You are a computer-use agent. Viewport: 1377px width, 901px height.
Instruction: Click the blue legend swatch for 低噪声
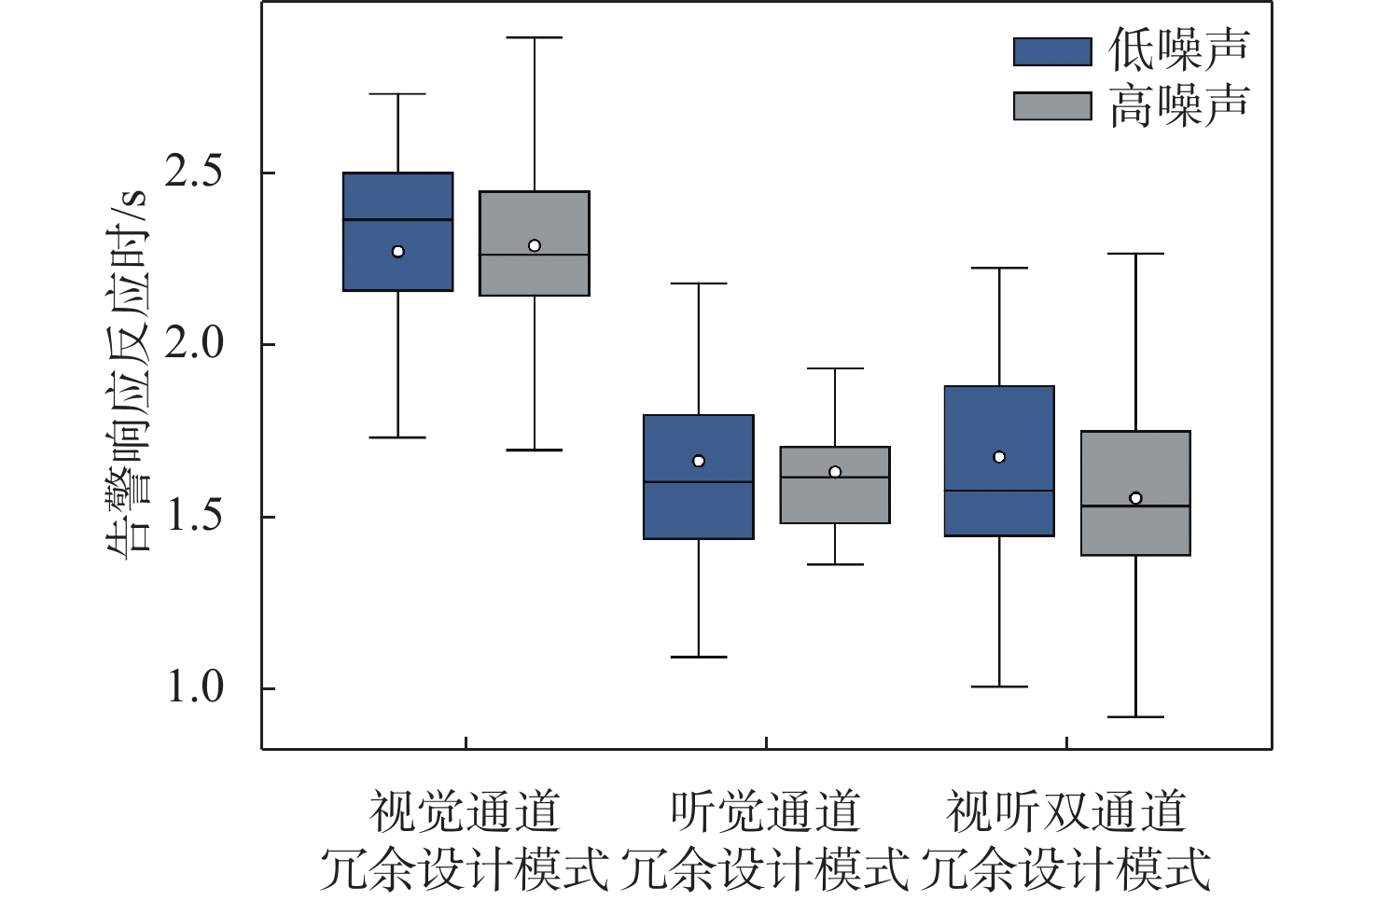(x=1051, y=51)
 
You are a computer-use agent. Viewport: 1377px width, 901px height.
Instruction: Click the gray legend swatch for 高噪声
(x=1051, y=105)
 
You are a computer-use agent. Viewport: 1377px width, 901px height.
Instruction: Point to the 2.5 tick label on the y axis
(x=194, y=173)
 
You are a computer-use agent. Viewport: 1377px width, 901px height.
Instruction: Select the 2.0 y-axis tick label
(x=194, y=344)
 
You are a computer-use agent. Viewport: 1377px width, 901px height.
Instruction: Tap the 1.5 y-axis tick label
(x=194, y=516)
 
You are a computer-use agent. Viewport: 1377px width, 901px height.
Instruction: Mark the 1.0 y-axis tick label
(x=194, y=688)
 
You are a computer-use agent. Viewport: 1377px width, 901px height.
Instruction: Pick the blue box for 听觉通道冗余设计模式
(x=699, y=508)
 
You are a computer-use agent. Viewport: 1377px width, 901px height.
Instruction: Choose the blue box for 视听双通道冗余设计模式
(x=999, y=424)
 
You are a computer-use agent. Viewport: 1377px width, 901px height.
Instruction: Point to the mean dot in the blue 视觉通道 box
(x=398, y=252)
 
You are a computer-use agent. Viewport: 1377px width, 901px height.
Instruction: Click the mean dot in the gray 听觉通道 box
(x=835, y=472)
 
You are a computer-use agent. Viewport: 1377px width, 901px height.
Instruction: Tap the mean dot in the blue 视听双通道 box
(x=999, y=457)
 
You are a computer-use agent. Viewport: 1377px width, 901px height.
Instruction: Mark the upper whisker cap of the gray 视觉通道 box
(x=535, y=37)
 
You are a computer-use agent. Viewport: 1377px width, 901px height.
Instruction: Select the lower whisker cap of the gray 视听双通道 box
(x=1135, y=717)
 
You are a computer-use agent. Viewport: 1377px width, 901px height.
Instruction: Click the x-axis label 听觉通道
(x=765, y=811)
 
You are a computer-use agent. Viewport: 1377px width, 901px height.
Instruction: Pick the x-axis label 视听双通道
(x=1066, y=811)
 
